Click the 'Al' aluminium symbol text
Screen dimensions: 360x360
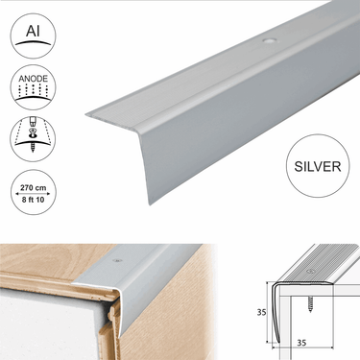tap(33, 31)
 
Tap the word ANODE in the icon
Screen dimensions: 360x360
tap(33, 79)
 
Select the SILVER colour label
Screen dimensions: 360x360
tap(318, 166)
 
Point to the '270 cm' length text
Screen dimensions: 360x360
tap(33, 188)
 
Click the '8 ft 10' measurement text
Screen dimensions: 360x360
tap(33, 200)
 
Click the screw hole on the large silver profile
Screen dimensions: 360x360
tap(269, 41)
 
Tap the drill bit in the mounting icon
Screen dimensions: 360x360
tap(33, 122)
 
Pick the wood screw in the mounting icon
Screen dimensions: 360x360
tap(33, 147)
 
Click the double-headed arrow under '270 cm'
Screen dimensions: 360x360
tap(33, 193)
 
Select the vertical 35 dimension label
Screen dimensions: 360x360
tap(261, 312)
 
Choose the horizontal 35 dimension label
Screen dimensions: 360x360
tap(301, 343)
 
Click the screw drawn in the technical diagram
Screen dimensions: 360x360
tap(310, 304)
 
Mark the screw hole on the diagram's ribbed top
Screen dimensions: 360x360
tap(310, 272)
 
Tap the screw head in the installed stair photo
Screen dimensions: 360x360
tap(119, 260)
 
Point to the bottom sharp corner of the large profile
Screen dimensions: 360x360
tap(150, 204)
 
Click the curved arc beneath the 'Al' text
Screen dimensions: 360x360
tap(33, 42)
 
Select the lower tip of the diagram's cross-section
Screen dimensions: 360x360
tap(278, 343)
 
